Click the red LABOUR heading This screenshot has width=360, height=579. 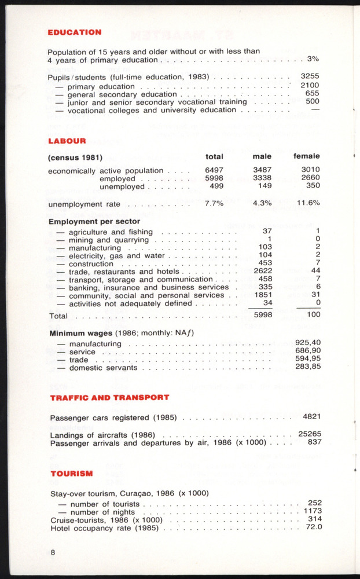[67, 140]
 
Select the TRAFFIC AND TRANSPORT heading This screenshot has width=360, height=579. [109, 397]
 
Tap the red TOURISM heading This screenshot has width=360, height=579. [71, 474]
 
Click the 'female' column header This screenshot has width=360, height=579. [306, 156]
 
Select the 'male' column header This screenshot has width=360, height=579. [262, 156]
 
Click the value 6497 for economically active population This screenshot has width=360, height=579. [214, 171]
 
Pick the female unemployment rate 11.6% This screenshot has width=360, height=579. [308, 204]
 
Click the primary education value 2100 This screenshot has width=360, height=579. [310, 86]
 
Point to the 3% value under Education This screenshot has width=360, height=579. [313, 59]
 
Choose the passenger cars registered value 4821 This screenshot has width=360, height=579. [312, 417]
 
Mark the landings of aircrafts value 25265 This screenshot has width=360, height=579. [310, 434]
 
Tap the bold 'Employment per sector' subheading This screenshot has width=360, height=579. [94, 221]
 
